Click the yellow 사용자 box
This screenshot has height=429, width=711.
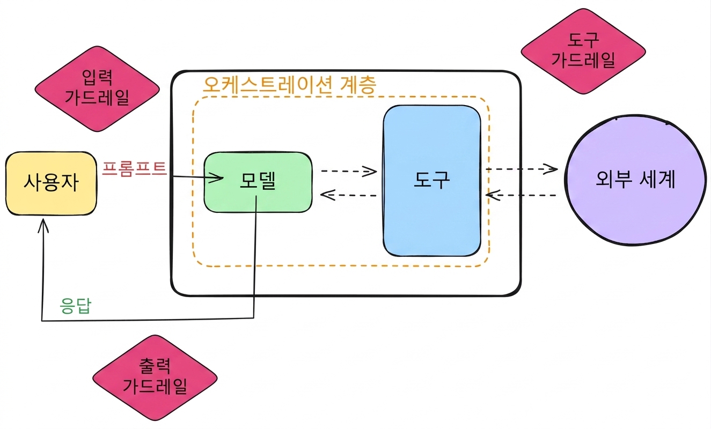(x=51, y=183)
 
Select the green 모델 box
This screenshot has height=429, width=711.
(x=258, y=182)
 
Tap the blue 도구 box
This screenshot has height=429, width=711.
(x=431, y=181)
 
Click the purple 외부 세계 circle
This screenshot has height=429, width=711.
(x=635, y=180)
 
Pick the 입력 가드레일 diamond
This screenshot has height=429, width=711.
(x=97, y=89)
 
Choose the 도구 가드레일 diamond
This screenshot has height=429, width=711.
(x=583, y=51)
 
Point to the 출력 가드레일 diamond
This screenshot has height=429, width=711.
(x=155, y=378)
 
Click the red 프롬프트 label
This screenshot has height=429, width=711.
(x=134, y=168)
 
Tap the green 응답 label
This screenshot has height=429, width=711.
(x=76, y=306)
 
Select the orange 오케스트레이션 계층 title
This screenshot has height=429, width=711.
(x=289, y=85)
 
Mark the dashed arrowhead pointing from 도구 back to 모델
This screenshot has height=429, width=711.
(x=327, y=195)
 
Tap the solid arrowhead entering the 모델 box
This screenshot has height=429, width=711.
(x=217, y=177)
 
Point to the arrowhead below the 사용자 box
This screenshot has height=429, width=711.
(x=43, y=225)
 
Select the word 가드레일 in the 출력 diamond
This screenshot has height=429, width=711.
(x=155, y=386)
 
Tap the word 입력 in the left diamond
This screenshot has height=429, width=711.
(x=97, y=77)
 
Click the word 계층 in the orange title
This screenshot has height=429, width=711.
(x=358, y=85)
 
